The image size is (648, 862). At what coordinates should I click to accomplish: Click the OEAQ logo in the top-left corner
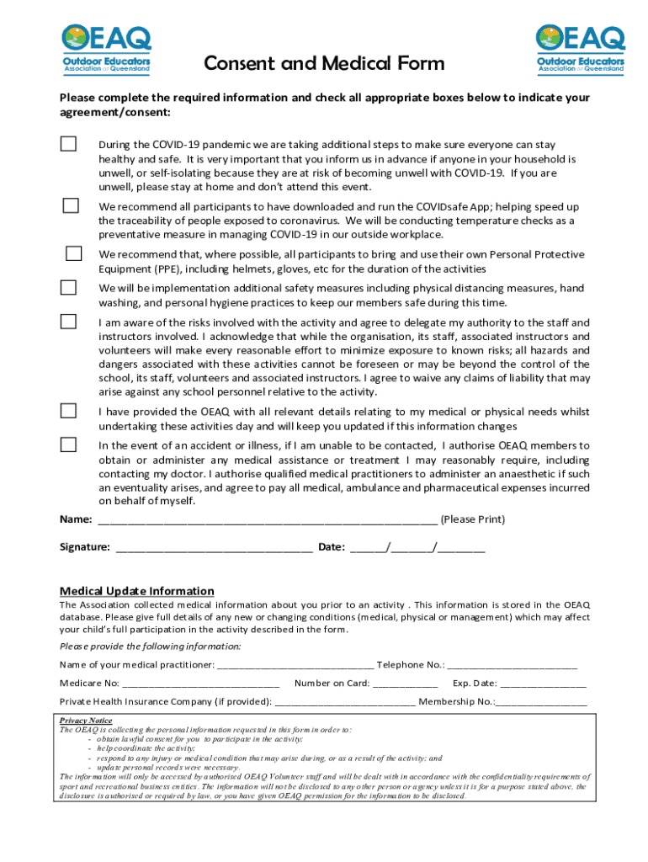coord(106,48)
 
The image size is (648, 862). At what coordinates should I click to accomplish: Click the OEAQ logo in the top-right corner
coord(581,48)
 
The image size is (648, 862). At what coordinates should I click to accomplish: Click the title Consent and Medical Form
coord(325,64)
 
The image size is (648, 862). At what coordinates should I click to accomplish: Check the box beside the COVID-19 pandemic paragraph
coord(68,144)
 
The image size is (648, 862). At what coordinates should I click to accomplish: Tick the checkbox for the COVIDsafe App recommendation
coord(72,205)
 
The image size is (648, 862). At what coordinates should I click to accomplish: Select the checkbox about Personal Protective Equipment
coord(74,253)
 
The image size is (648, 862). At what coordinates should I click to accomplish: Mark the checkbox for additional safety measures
coord(68,287)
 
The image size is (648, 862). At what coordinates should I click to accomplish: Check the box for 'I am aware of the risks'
coord(68,322)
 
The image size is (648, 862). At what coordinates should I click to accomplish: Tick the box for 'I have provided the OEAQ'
coord(68,411)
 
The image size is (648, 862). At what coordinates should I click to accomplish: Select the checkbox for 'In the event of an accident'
coord(68,444)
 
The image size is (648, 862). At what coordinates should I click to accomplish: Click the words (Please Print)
coord(473,519)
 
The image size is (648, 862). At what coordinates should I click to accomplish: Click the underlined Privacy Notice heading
coord(86,721)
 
